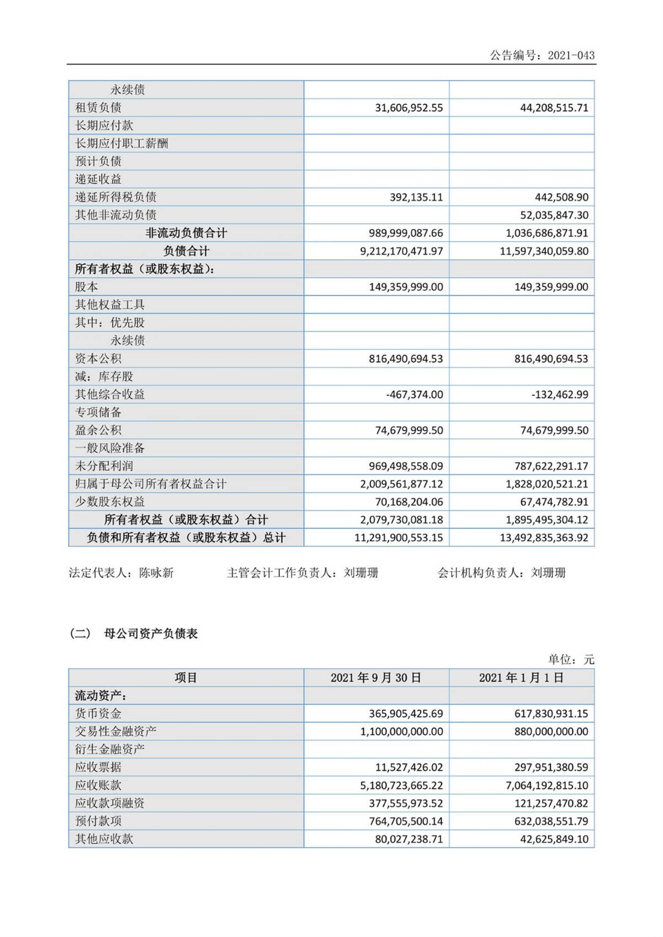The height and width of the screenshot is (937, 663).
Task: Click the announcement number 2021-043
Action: coord(571,55)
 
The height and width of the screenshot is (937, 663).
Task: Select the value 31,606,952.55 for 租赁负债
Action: coord(409,108)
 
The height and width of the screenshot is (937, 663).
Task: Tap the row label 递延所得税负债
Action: coord(115,197)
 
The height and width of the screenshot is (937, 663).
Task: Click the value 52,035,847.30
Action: coord(554,215)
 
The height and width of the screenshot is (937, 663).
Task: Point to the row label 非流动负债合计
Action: coord(186,233)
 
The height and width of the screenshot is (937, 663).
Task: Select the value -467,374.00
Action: coord(414,394)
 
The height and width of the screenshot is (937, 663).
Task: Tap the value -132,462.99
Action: coord(560,394)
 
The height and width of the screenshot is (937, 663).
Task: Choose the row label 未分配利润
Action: coord(104,466)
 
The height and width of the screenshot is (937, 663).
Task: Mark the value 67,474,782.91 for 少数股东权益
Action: coord(554,502)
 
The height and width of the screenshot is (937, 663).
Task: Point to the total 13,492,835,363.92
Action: coord(544,538)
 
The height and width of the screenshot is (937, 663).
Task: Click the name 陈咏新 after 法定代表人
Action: coord(156,573)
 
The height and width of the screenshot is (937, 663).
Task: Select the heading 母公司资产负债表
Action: coord(150,633)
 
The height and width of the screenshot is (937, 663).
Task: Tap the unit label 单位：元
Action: coord(571,659)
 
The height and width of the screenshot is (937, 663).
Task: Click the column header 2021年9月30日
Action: coord(376,677)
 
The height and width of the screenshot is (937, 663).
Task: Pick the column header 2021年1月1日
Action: coord(521,677)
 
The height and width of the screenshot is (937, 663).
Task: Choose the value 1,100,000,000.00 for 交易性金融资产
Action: coord(402,732)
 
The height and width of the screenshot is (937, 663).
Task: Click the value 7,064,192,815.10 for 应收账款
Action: coord(547,785)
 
